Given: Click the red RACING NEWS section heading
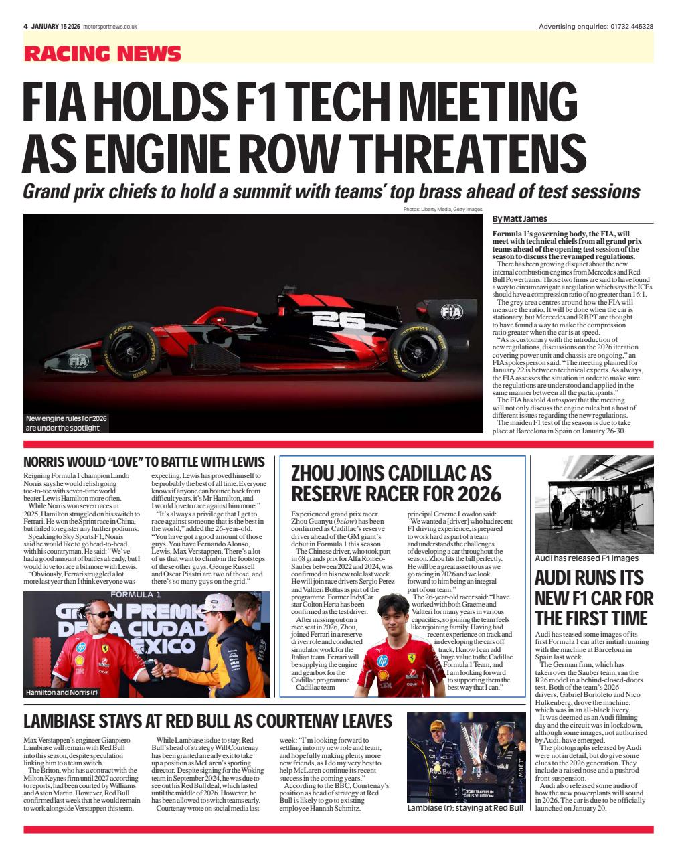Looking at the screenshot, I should [x=102, y=54].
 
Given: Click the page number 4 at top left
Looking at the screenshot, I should [x=25, y=26].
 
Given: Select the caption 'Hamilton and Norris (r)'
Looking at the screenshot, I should [x=62, y=692].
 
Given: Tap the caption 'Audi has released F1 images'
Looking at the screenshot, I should [x=586, y=558].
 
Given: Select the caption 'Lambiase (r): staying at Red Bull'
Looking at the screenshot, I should [x=464, y=808].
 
